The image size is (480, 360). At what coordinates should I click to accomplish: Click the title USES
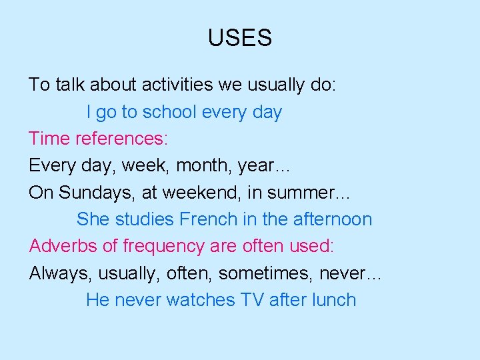pos(239,38)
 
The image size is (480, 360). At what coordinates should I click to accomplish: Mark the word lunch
pos(333,300)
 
